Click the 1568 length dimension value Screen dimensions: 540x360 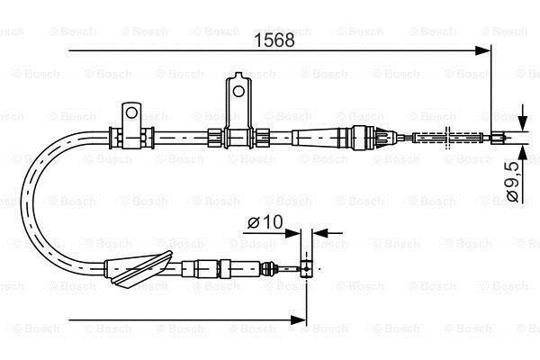tap(274, 40)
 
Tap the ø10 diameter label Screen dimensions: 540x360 tap(265, 222)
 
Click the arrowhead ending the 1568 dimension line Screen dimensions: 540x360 tap(482, 51)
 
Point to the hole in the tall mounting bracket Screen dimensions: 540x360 tap(238, 91)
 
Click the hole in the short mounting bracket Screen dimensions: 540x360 tap(131, 112)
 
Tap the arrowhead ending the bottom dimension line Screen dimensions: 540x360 tap(298, 320)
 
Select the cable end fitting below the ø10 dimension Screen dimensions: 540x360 tap(306, 268)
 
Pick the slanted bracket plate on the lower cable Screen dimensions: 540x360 tap(141, 267)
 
